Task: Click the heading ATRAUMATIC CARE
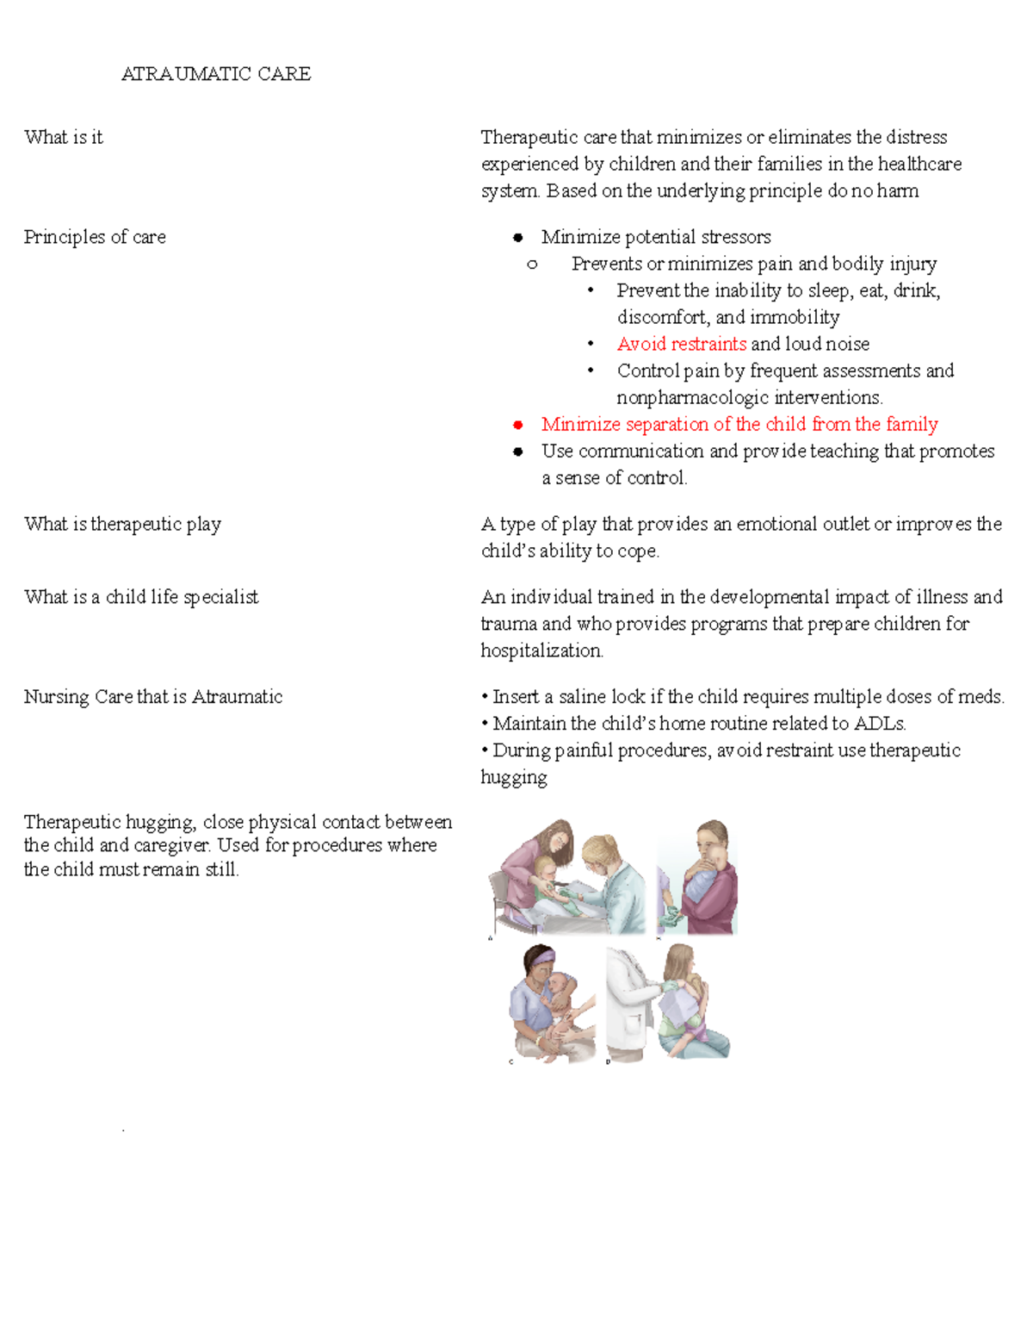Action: tap(216, 74)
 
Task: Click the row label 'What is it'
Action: tap(64, 137)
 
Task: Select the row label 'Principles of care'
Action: tap(95, 237)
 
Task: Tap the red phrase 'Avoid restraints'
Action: tap(681, 344)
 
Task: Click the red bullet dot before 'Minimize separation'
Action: tap(517, 425)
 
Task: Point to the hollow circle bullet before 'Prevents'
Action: tap(532, 264)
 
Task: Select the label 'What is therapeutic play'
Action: tap(122, 524)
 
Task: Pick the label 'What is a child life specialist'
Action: tap(141, 597)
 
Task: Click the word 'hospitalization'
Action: tap(541, 650)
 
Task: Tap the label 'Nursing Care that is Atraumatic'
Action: tap(153, 696)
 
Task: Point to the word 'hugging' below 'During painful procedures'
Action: tap(513, 777)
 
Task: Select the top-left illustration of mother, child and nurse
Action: tap(566, 877)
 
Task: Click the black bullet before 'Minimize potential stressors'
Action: tap(517, 238)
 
